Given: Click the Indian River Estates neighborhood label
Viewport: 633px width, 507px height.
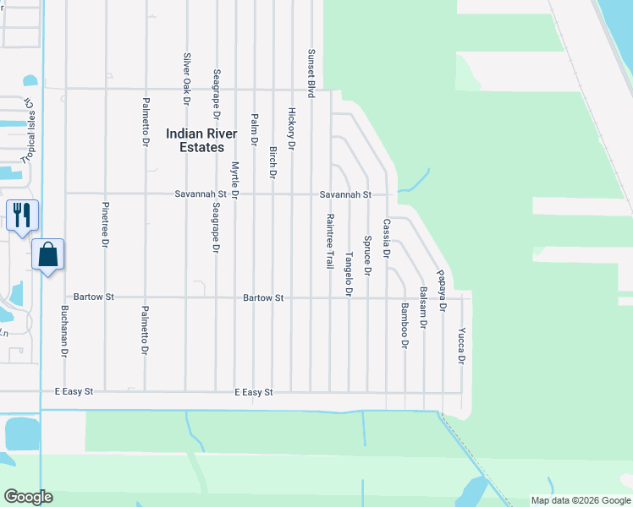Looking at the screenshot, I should point(195,139).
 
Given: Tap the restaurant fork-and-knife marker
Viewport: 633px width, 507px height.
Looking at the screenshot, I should point(22,215).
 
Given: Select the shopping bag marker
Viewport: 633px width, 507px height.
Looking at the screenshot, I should point(47,254).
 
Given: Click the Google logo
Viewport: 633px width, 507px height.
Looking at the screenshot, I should point(28,497).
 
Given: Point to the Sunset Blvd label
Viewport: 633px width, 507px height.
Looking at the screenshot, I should point(311,73).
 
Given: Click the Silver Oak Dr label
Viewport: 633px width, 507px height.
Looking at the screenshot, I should point(187,74).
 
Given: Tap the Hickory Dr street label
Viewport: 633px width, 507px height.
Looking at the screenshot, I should point(291,128).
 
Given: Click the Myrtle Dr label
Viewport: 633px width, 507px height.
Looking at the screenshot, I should point(234,179).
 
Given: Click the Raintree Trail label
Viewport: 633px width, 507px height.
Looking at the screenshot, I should point(329,241).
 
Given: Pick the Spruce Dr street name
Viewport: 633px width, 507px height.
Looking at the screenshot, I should point(367,254).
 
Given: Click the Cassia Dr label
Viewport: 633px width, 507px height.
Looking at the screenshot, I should point(386,238).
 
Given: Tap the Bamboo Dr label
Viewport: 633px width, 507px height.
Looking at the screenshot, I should point(405,326).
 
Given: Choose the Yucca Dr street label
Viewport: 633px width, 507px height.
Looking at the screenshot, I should point(461,346).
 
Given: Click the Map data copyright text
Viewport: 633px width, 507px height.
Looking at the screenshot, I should point(581,500).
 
